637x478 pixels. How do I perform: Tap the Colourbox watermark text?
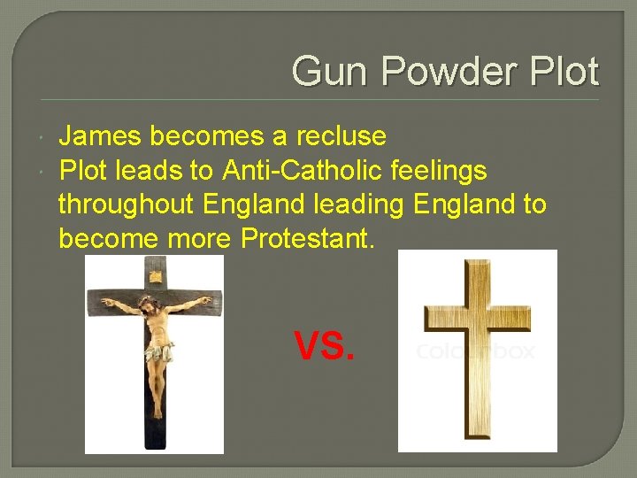[475, 351]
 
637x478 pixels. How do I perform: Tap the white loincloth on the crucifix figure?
[158, 353]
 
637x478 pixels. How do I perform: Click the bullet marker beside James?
[44, 136]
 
